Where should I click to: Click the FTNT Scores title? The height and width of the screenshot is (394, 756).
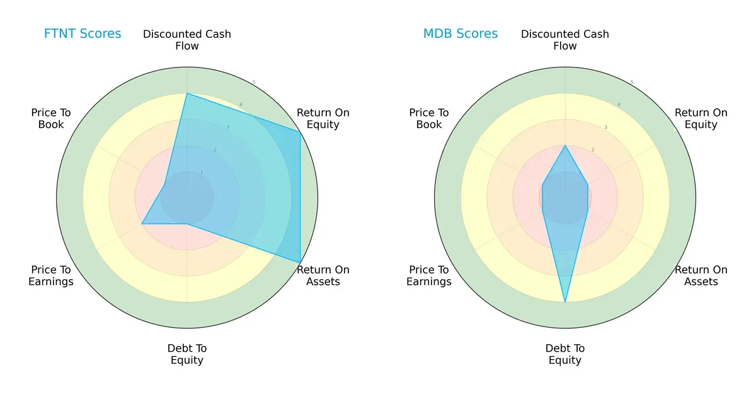click(x=83, y=33)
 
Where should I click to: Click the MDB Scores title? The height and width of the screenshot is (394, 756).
click(x=461, y=33)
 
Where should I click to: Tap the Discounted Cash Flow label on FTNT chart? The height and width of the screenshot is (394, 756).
click(x=187, y=40)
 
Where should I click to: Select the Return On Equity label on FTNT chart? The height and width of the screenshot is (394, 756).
click(x=323, y=119)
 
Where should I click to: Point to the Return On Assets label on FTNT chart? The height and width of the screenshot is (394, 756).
click(x=323, y=275)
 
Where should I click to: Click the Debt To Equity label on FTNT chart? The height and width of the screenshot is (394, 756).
click(x=187, y=354)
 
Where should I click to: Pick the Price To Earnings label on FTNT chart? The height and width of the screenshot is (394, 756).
click(x=51, y=275)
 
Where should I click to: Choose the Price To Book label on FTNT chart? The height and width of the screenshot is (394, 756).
click(x=51, y=119)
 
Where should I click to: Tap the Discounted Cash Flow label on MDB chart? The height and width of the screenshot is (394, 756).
click(x=565, y=40)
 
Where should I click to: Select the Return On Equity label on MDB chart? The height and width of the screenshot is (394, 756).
click(x=701, y=119)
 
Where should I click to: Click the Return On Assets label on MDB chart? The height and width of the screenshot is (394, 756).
click(x=701, y=275)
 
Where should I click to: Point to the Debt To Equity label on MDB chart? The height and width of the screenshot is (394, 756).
click(x=565, y=354)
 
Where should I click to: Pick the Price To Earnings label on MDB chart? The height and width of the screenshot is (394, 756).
click(x=429, y=275)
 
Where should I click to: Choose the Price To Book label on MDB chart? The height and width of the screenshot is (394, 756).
click(x=429, y=119)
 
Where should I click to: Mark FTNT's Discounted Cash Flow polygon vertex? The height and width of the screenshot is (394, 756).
click(x=187, y=94)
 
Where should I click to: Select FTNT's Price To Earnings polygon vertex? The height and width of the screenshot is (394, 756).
click(x=142, y=224)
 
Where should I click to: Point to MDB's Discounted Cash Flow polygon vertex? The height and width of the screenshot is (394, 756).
click(x=565, y=146)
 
